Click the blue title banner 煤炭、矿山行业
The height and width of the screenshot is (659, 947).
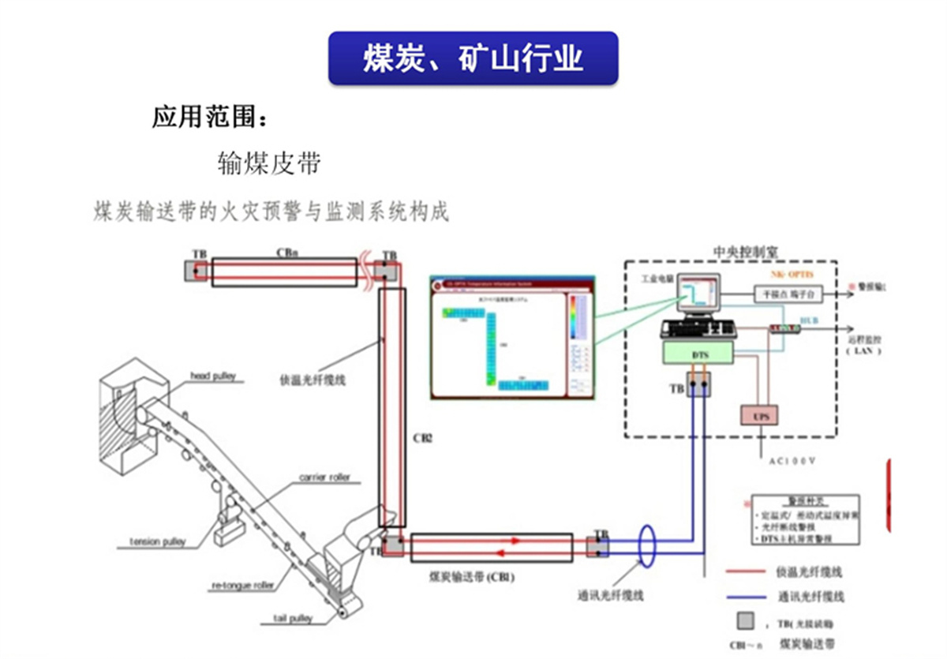click(x=473, y=58)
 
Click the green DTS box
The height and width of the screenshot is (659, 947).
click(x=700, y=355)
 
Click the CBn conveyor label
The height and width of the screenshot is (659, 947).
click(x=286, y=253)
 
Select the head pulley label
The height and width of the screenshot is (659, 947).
click(x=212, y=376)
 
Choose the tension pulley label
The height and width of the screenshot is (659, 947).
click(x=158, y=542)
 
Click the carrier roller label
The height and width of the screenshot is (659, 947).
click(x=324, y=478)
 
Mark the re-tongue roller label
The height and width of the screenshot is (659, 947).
click(x=242, y=586)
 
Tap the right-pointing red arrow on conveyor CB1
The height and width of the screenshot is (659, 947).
click(x=515, y=541)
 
